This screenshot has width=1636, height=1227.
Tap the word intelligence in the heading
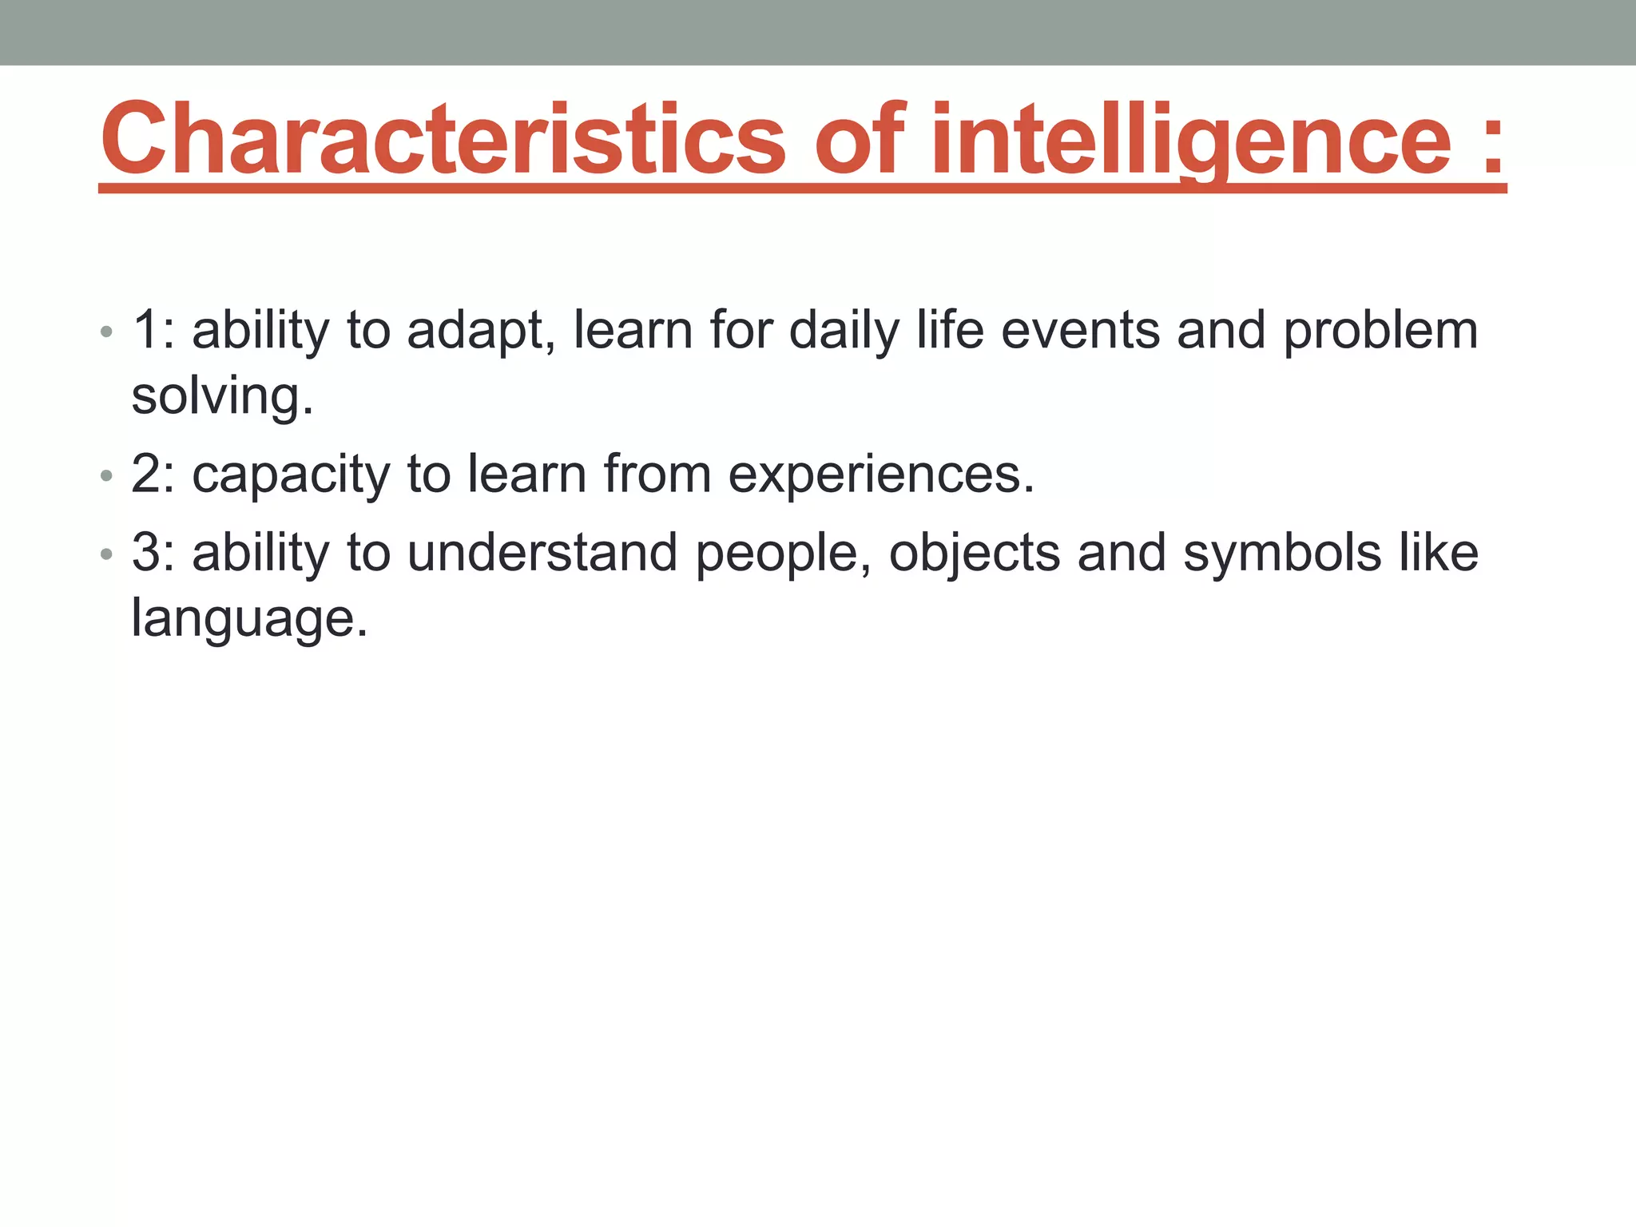pyautogui.click(x=1190, y=140)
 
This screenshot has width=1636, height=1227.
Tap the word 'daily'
pyautogui.click(x=844, y=331)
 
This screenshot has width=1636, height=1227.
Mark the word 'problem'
pyautogui.click(x=1380, y=331)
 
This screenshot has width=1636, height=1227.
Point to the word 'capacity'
pyautogui.click(x=291, y=475)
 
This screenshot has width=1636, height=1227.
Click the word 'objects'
pyautogui.click(x=975, y=554)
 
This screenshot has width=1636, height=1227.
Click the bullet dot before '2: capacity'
pyautogui.click(x=107, y=476)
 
